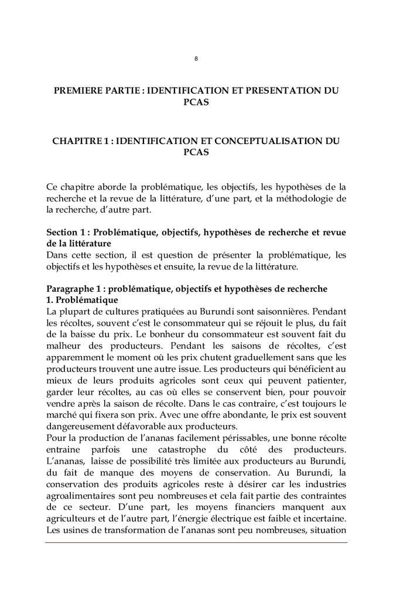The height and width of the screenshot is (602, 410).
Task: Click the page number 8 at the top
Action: click(x=196, y=58)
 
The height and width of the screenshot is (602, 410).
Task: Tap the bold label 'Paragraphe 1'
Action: click(x=74, y=289)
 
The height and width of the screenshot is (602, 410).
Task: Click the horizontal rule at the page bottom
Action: click(x=196, y=542)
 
